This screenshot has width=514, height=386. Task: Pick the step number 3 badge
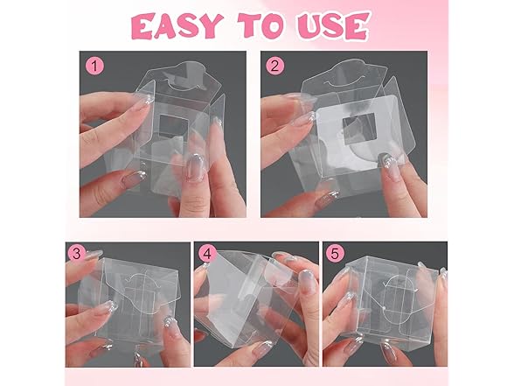76,255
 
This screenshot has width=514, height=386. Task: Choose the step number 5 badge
336,255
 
